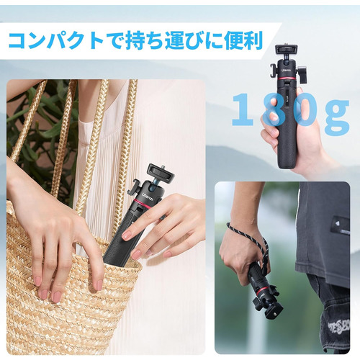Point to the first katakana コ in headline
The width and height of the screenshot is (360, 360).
click(x=19, y=41)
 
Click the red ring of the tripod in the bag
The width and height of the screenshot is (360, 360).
click(x=143, y=203)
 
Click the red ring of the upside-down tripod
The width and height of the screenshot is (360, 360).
click(x=264, y=290)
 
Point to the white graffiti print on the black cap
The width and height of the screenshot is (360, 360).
click(x=338, y=327)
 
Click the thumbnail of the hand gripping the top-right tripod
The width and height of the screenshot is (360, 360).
click(x=273, y=117)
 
